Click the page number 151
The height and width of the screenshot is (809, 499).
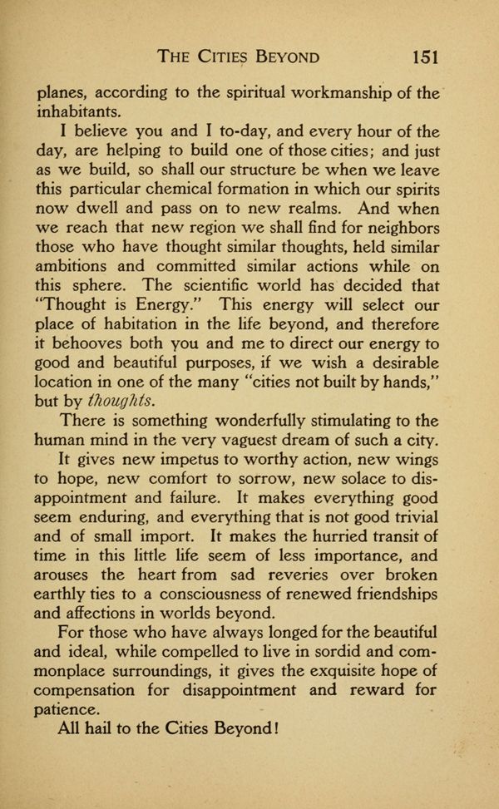(422, 57)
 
